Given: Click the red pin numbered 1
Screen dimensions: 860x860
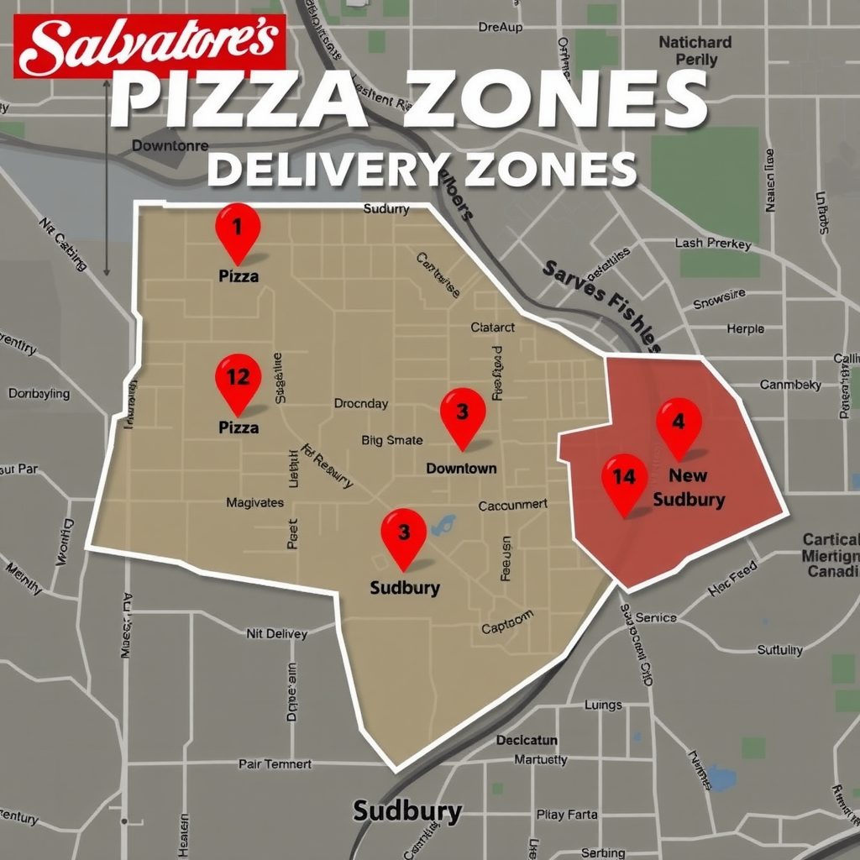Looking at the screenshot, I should (238, 228).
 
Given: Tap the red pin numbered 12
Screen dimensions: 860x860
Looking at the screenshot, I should (239, 379).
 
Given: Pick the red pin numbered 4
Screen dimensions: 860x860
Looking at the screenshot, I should (679, 423).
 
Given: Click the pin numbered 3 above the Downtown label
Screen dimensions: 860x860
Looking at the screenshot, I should (463, 413).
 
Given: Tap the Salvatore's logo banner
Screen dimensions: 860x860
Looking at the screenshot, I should (151, 45).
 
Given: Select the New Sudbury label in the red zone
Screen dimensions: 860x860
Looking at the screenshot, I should (689, 487).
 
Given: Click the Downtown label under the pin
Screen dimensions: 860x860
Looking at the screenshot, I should (461, 468).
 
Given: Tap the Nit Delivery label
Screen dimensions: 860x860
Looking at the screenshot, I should (276, 633).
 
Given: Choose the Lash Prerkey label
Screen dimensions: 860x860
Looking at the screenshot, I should (713, 244).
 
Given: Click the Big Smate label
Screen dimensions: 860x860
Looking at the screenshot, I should (392, 440).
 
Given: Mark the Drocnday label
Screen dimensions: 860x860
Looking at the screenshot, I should (361, 403).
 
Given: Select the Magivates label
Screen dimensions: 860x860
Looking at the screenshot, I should (255, 503).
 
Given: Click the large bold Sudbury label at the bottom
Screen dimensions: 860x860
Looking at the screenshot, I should (407, 811).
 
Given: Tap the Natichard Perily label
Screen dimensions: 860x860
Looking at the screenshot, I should (695, 50).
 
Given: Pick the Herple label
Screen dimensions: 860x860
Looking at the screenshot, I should (746, 329).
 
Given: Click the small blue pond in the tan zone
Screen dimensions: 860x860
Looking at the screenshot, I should (443, 527).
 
